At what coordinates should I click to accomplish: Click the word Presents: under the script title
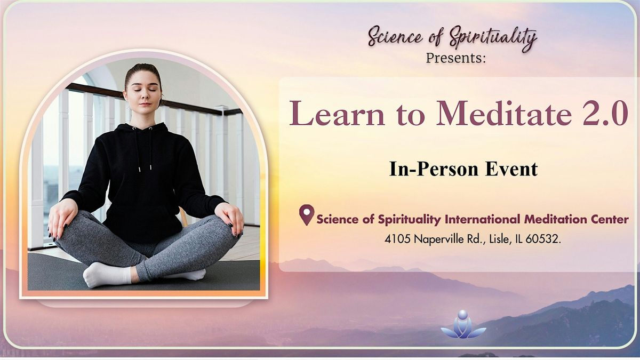pos(455,58)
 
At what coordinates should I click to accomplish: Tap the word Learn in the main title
pos(337,113)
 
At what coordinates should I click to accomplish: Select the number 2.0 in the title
pos(605,113)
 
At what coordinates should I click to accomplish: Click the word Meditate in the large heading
pos(505,113)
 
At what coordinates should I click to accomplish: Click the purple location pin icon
pos(307,215)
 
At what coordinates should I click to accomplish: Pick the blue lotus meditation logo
pos(463,324)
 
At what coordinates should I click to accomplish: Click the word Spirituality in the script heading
pos(493,39)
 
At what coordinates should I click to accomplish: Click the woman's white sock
pos(107,275)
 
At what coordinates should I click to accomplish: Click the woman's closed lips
pos(145,103)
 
